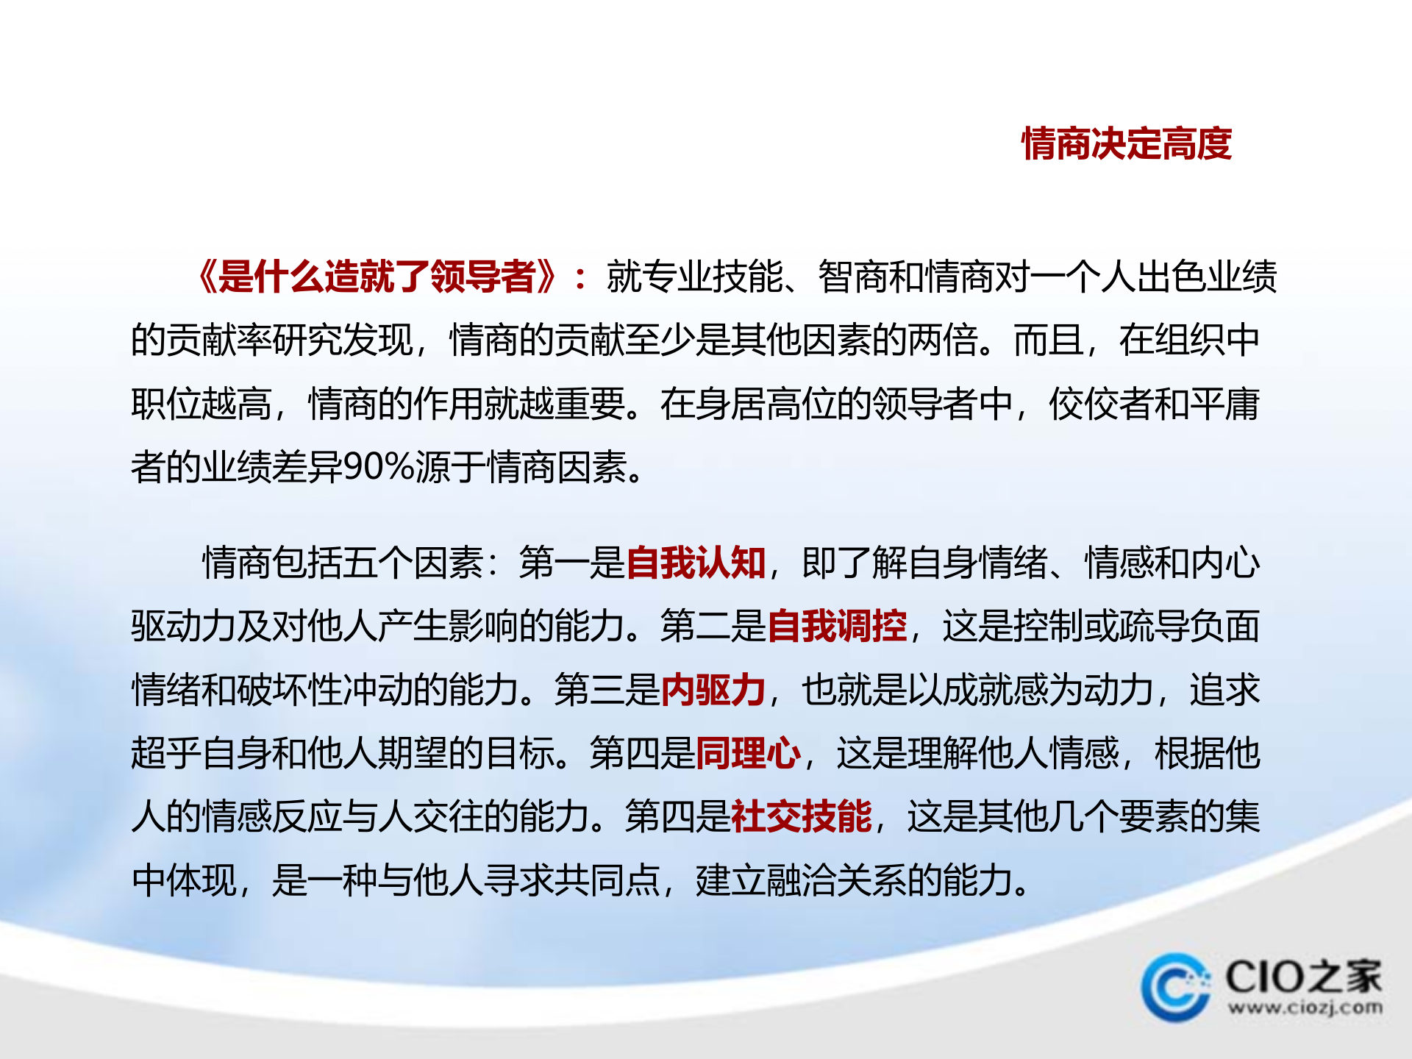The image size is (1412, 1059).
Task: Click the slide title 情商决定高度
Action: click(x=1126, y=143)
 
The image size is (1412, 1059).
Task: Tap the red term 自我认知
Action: click(x=696, y=563)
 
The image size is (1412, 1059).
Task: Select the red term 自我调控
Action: click(x=837, y=627)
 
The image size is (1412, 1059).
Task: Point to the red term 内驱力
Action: click(x=713, y=691)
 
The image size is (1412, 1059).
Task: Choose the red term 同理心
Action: click(x=748, y=754)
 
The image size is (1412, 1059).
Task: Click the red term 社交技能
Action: click(x=801, y=817)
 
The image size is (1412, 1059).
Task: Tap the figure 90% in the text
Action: click(x=379, y=467)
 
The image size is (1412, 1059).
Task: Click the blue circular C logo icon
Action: click(x=1175, y=988)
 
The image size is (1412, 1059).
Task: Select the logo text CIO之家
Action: click(x=1303, y=977)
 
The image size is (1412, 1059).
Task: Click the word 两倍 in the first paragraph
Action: click(x=943, y=340)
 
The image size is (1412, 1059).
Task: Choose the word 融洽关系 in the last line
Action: click(x=836, y=880)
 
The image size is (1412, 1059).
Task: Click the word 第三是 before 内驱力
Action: click(x=607, y=691)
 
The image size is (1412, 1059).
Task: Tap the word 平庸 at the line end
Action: click(x=1224, y=404)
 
